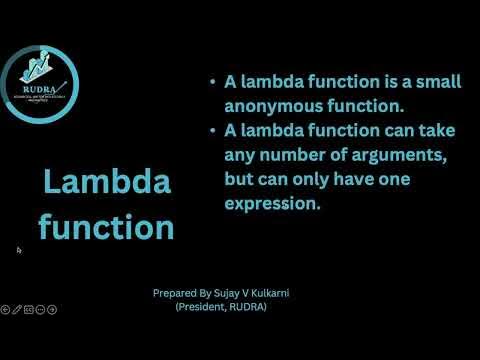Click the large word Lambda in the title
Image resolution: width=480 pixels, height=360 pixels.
click(106, 183)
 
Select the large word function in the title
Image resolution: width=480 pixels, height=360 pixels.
click(106, 227)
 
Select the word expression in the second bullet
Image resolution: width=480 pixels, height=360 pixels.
click(274, 203)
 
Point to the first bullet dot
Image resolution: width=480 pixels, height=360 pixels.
click(213, 83)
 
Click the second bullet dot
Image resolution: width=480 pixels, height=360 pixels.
click(213, 131)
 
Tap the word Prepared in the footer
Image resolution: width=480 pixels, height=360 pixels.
click(174, 294)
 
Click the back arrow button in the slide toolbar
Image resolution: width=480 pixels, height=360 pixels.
click(5, 309)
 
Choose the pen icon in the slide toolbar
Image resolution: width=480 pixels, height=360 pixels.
click(17, 309)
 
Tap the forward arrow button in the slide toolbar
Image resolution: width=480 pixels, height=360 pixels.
click(53, 309)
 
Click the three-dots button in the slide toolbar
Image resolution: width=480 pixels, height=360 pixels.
click(41, 309)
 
